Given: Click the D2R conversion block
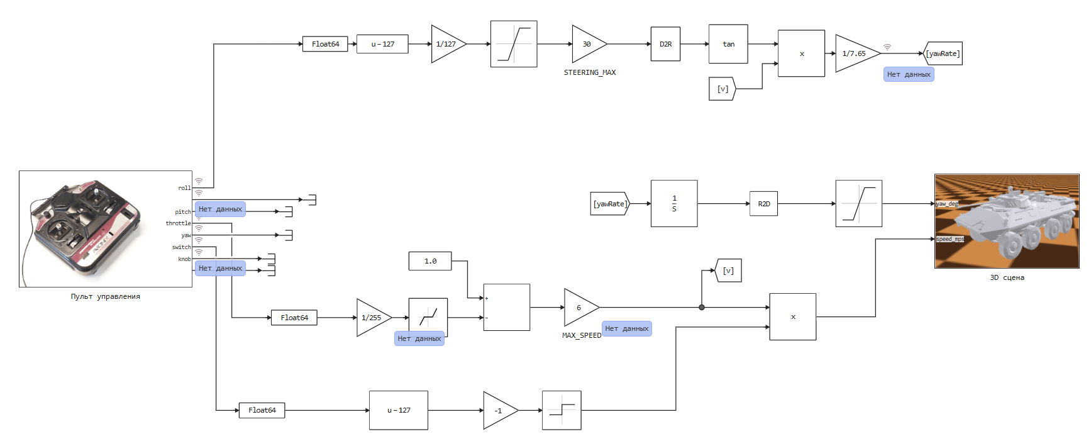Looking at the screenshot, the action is click(665, 44).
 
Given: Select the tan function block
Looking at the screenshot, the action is click(728, 44).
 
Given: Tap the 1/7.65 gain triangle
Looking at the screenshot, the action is click(857, 53).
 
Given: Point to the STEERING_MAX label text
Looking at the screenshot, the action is click(590, 73).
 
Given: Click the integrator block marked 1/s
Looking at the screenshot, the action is click(674, 204).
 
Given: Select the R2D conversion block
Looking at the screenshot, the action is click(763, 204).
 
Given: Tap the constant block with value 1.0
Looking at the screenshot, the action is click(430, 261).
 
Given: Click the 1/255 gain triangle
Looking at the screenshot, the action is click(374, 318).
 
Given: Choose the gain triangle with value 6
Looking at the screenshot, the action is click(581, 308).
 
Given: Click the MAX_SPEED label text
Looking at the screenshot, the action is click(582, 336).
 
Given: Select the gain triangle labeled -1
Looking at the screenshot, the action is click(501, 411).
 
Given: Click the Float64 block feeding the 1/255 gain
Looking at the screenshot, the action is click(294, 318).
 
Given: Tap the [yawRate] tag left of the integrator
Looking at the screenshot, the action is click(610, 204).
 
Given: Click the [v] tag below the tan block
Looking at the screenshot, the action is click(723, 89).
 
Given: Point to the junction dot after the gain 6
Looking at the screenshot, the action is click(702, 308).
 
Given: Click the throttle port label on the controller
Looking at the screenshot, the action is click(178, 223).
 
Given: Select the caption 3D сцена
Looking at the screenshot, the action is click(1007, 277).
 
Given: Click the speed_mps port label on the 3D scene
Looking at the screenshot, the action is click(950, 239).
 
